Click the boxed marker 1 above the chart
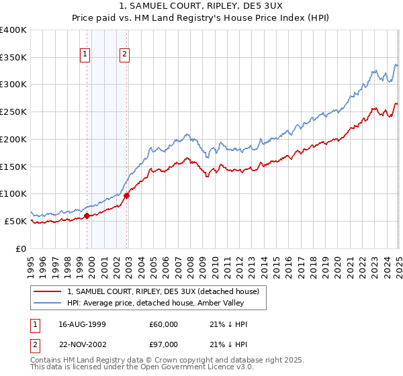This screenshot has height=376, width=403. point(86,55)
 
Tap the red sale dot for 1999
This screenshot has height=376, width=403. point(87,216)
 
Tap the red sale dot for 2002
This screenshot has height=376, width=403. point(127,195)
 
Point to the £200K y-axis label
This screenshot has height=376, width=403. point(13,139)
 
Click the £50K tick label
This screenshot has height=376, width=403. point(16,221)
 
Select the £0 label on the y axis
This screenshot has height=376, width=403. point(21,248)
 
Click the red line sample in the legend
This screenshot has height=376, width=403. point(48,291)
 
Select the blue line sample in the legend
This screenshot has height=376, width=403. point(48,303)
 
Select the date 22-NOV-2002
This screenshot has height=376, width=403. point(83,344)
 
